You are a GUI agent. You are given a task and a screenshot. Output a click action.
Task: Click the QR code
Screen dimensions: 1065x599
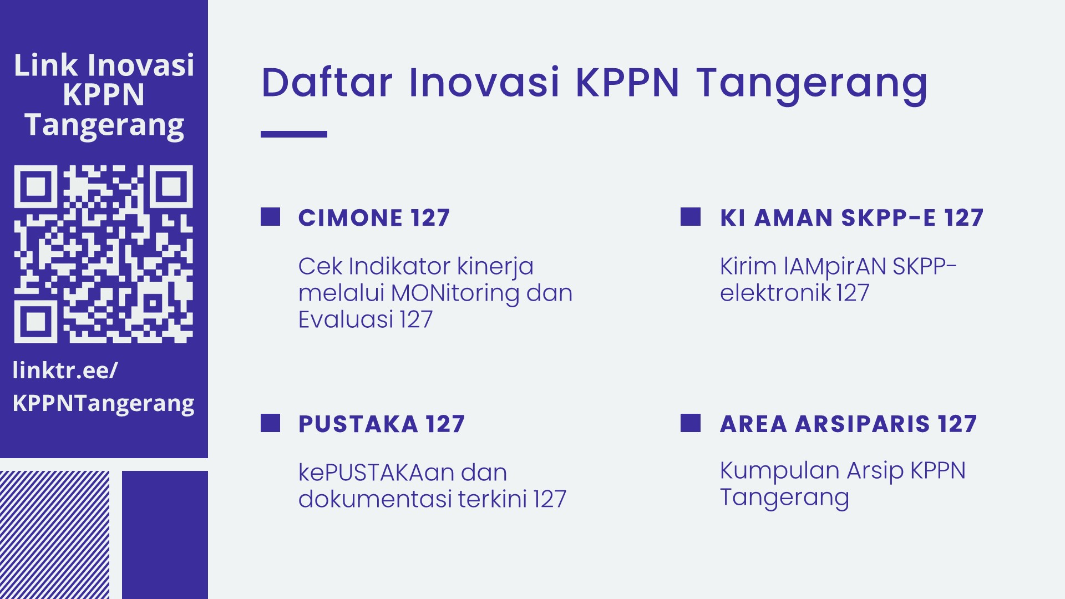coord(103,253)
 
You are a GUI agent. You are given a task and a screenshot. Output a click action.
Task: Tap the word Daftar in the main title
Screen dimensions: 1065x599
coord(327,83)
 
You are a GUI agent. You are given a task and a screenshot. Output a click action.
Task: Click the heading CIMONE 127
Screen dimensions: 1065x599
coord(374,217)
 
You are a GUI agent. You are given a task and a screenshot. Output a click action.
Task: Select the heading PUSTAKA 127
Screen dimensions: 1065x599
coord(382,424)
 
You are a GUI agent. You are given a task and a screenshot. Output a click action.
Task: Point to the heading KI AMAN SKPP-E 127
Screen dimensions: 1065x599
coord(851,217)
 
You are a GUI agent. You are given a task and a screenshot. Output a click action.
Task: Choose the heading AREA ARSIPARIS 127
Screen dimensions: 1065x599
coord(848,424)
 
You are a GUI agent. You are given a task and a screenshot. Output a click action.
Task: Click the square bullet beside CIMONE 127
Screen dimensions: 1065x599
coord(270,217)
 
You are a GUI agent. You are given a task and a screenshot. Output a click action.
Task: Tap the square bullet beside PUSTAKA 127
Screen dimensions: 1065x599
coord(270,423)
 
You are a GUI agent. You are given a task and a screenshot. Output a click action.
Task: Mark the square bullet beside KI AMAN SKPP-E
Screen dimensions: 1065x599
coord(691,217)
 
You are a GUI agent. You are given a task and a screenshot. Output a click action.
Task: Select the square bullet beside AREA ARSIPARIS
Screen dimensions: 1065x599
coord(691,423)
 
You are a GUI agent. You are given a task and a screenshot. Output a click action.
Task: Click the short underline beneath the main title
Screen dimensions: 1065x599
coord(294,134)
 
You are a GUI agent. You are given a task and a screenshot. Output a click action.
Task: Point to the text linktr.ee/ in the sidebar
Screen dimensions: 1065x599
coord(65,370)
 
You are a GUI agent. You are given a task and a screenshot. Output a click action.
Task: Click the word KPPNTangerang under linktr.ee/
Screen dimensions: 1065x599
coord(103,404)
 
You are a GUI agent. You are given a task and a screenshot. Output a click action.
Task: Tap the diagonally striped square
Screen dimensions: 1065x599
coord(54,535)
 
